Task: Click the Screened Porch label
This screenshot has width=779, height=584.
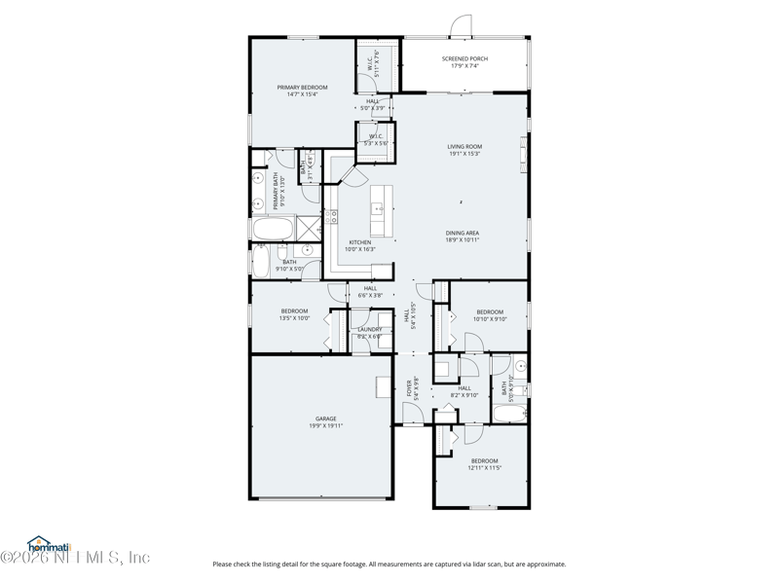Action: (x=464, y=58)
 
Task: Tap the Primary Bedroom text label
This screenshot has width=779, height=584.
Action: (x=302, y=88)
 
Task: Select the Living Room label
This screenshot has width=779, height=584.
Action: (x=464, y=147)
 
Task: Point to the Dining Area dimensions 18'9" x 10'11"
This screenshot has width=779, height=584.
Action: (x=463, y=239)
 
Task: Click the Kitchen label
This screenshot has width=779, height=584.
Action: (x=360, y=242)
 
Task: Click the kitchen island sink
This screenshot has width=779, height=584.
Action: (x=377, y=207)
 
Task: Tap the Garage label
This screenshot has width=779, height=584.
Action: (x=325, y=419)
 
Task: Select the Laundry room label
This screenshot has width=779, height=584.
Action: (x=370, y=329)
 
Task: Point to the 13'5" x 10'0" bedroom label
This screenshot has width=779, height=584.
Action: (x=294, y=317)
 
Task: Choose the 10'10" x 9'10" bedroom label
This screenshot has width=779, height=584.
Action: (x=490, y=318)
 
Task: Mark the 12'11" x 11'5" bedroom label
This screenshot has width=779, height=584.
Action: (x=485, y=467)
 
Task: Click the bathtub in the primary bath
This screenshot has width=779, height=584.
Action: (x=272, y=229)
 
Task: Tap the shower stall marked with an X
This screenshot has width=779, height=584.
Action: (x=308, y=229)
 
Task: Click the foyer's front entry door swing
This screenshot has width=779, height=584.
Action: (x=413, y=414)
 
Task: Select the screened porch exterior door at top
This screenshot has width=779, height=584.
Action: (x=460, y=26)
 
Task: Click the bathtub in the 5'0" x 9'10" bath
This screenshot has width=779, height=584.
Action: (x=509, y=415)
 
